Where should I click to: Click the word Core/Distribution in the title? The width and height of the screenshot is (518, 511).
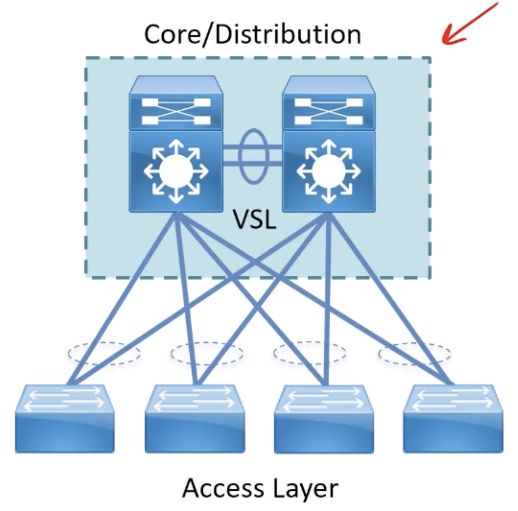(x=252, y=34)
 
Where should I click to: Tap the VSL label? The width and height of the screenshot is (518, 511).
(x=255, y=220)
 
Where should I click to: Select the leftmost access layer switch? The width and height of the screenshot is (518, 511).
(x=65, y=418)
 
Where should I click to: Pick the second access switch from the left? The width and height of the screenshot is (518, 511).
(x=194, y=418)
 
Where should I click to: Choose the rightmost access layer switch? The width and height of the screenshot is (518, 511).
(x=453, y=418)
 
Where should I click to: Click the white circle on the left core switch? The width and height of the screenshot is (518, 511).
(x=176, y=171)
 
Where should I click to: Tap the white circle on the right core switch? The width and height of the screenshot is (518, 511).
(x=328, y=171)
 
